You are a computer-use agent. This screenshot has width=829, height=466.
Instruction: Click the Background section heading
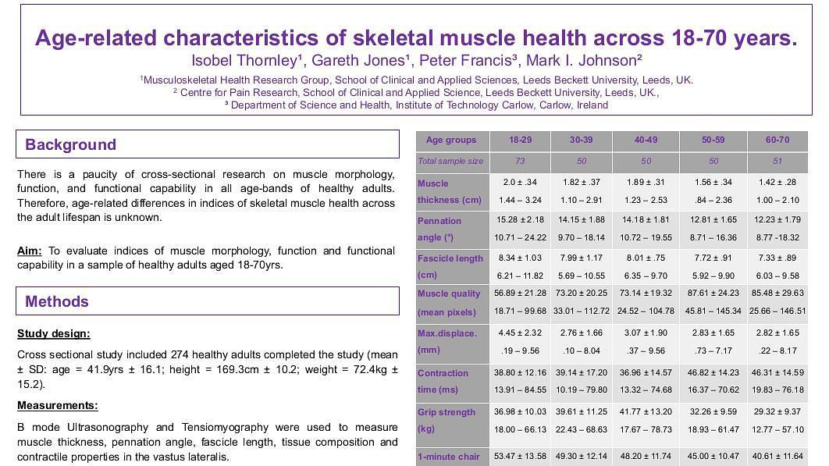pyautogui.click(x=70, y=144)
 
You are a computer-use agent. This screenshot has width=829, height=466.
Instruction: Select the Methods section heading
pyautogui.click(x=56, y=301)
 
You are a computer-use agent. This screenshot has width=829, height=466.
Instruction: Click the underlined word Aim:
pyautogui.click(x=30, y=251)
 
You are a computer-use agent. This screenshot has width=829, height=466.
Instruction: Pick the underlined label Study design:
pyautogui.click(x=53, y=334)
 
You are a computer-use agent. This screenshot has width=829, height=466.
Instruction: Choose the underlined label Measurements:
pyautogui.click(x=57, y=406)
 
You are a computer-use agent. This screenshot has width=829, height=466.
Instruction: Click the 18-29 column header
pyautogui.click(x=520, y=141)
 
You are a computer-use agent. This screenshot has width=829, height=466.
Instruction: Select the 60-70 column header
pyautogui.click(x=777, y=141)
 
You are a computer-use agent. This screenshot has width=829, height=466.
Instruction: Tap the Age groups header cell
pyautogui.click(x=450, y=141)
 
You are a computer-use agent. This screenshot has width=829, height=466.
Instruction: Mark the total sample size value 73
pyautogui.click(x=520, y=162)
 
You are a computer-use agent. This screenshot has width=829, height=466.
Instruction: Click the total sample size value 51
pyautogui.click(x=777, y=162)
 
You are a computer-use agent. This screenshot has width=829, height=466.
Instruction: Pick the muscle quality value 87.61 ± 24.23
pyautogui.click(x=713, y=293)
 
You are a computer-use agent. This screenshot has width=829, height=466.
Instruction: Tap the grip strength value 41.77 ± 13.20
pyautogui.click(x=646, y=411)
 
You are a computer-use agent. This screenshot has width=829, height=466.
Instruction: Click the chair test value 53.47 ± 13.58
pyautogui.click(x=520, y=456)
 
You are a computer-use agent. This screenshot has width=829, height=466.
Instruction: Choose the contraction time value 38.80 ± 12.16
pyautogui.click(x=520, y=372)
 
